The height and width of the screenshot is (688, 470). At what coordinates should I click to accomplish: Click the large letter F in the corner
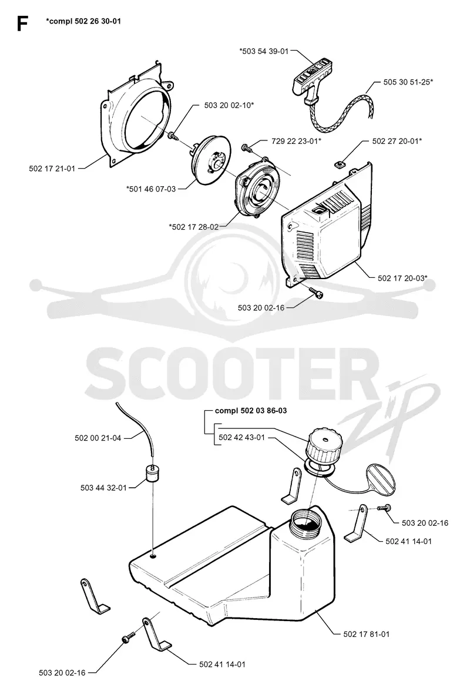(22, 24)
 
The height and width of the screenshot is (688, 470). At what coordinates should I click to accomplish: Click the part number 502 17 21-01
(52, 168)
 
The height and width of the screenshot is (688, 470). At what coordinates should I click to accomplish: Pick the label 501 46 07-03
(151, 189)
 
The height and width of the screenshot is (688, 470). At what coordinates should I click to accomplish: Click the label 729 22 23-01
(296, 141)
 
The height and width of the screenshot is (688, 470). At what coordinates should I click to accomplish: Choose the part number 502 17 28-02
(193, 226)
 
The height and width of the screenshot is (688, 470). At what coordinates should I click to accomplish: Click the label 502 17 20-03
(402, 278)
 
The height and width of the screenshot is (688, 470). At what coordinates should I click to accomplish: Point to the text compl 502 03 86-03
(251, 411)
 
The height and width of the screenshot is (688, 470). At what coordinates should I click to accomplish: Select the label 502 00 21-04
(98, 438)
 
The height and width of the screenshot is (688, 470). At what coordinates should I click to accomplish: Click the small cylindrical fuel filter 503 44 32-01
(152, 474)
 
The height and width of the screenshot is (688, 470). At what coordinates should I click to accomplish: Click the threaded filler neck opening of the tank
(306, 518)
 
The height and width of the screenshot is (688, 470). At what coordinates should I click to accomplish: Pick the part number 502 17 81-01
(367, 633)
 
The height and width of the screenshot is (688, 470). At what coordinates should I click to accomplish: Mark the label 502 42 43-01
(242, 437)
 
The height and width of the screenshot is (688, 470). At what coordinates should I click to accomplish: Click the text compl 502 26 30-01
(83, 21)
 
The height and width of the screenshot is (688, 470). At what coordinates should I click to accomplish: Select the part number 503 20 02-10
(229, 105)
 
